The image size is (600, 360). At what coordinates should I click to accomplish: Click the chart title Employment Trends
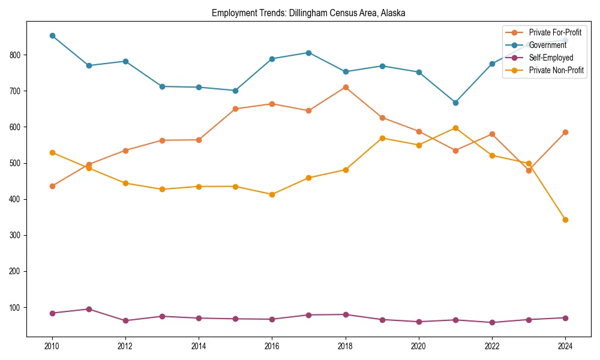tap(308, 13)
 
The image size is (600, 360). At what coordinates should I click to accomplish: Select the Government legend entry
tap(547, 45)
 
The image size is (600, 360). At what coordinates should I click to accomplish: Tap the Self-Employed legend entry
tap(551, 58)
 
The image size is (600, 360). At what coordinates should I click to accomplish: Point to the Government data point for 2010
tap(52, 35)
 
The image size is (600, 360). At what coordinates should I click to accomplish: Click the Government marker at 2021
tap(455, 103)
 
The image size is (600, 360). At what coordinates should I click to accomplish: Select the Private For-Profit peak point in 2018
tap(346, 87)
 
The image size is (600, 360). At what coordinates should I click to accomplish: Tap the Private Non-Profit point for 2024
tap(565, 220)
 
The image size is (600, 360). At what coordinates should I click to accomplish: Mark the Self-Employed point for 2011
tap(89, 309)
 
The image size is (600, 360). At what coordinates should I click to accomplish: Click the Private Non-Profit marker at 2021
tap(455, 128)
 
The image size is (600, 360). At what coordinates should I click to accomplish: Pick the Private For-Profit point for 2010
tap(52, 186)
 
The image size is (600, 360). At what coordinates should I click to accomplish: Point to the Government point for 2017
tap(308, 53)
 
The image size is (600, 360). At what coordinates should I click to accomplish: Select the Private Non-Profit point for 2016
tap(272, 194)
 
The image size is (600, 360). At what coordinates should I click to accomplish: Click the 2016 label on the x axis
tap(272, 346)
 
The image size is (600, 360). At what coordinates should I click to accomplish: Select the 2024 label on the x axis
tap(565, 346)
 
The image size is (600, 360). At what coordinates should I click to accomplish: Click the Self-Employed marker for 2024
tap(565, 318)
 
